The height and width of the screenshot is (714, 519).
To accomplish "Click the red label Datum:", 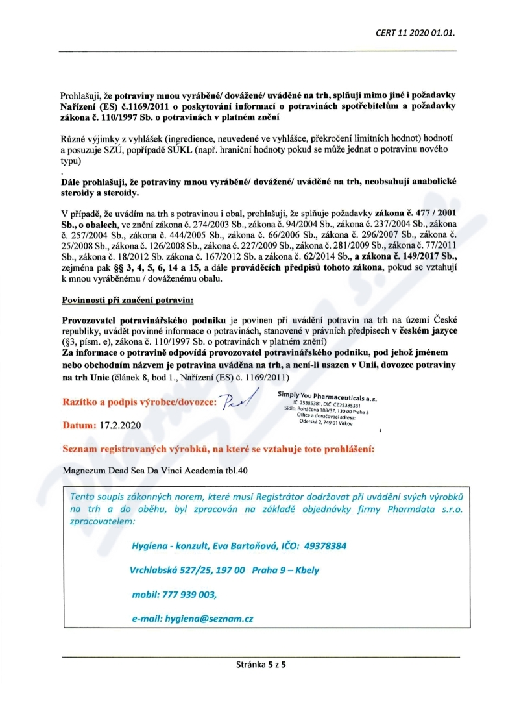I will click(x=81, y=426).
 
